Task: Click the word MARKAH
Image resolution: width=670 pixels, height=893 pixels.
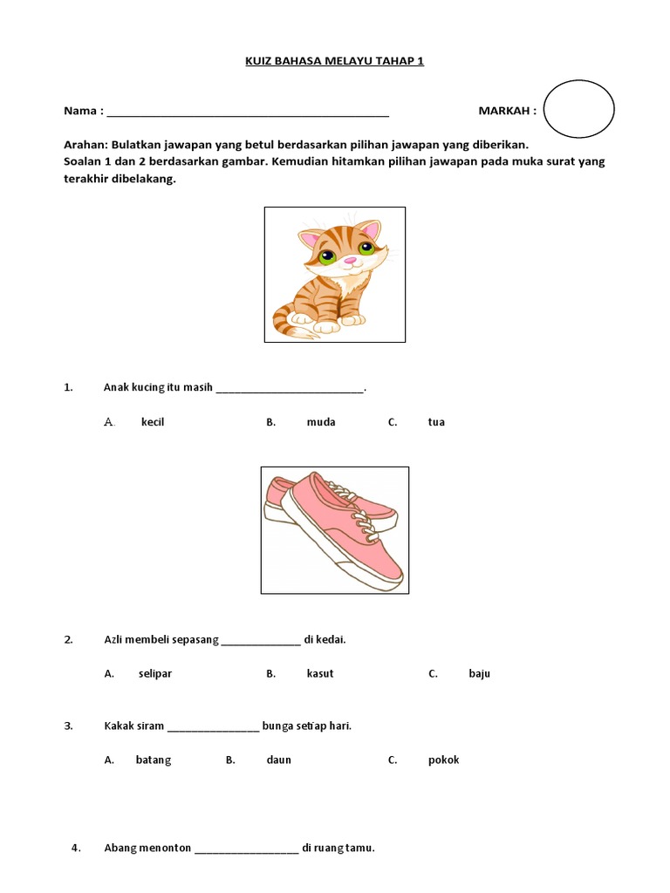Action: click(507, 111)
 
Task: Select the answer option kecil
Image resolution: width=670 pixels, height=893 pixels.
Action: click(153, 422)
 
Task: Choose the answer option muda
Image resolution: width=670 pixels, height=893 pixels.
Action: click(321, 422)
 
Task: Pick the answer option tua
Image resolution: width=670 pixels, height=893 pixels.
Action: click(436, 422)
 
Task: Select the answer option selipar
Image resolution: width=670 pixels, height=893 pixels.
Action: click(154, 673)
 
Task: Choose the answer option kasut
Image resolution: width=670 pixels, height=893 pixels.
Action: click(320, 673)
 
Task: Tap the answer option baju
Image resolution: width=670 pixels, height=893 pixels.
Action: click(479, 673)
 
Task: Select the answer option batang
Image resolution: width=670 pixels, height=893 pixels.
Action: click(154, 760)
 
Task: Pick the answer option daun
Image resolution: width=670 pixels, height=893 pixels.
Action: click(279, 760)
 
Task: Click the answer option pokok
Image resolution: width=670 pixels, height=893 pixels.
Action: click(443, 760)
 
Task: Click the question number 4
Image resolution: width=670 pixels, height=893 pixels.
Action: click(76, 847)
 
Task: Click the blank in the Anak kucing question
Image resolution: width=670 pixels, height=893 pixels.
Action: click(289, 389)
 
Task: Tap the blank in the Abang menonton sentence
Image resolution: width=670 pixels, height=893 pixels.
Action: click(246, 849)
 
